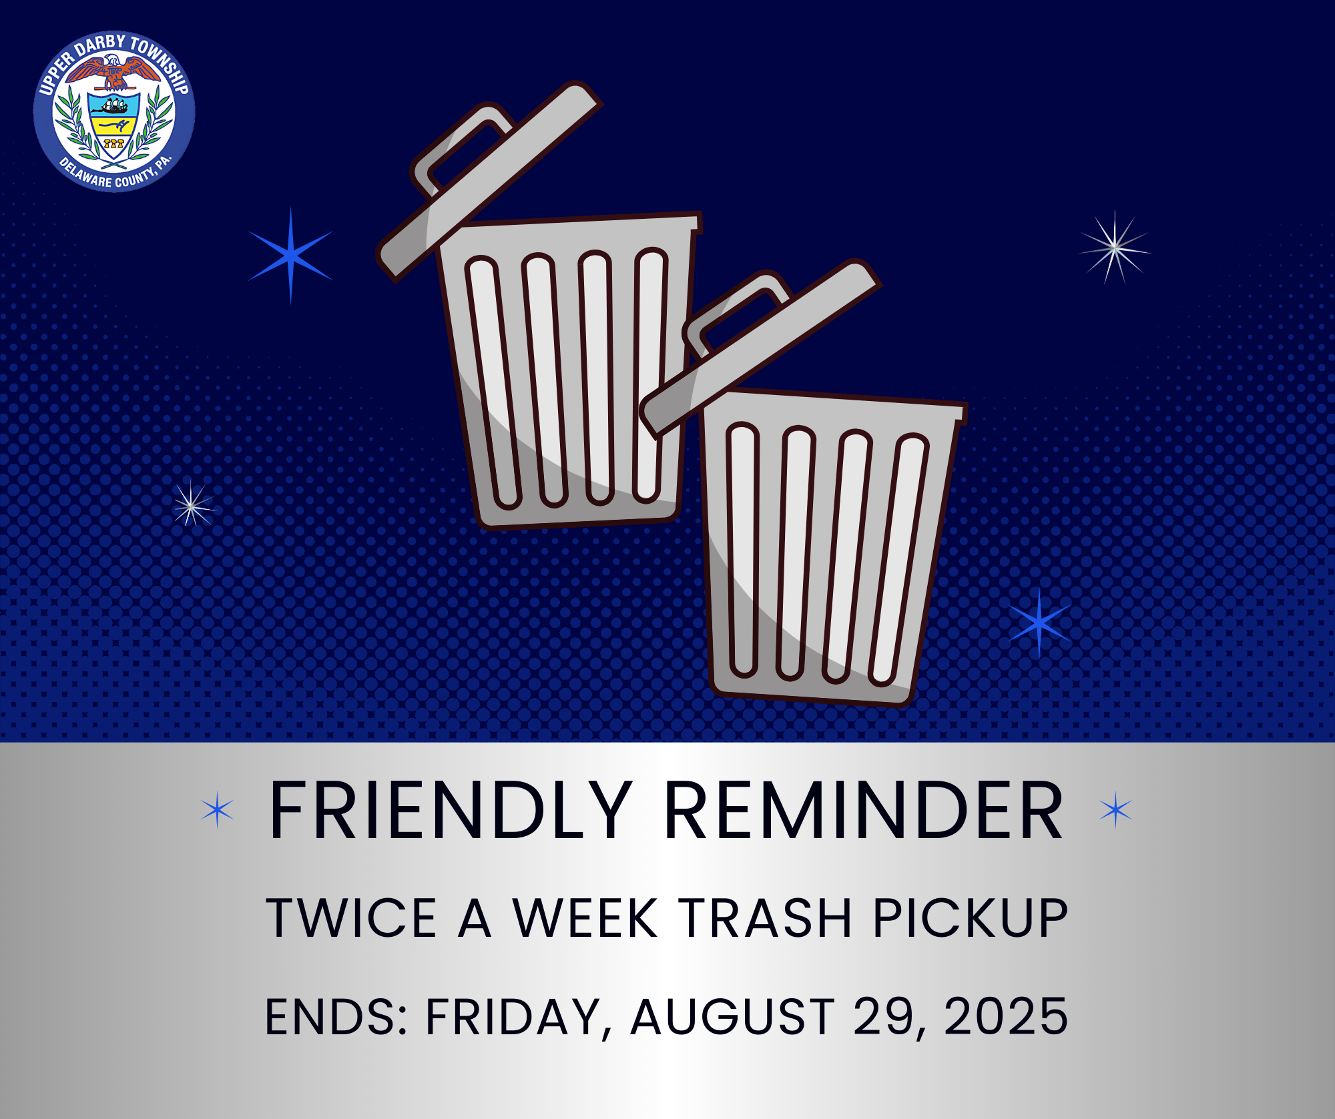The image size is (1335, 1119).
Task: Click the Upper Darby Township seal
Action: click(x=114, y=111)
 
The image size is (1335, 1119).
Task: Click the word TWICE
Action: click(x=351, y=918)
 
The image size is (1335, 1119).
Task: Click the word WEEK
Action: click(x=585, y=918)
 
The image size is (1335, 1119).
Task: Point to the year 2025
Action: click(x=1006, y=1017)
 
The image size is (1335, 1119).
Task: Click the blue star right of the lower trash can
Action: click(x=1039, y=623)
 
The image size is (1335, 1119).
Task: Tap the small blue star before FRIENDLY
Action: click(x=218, y=810)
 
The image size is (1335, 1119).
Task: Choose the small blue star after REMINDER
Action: click(x=1115, y=810)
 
